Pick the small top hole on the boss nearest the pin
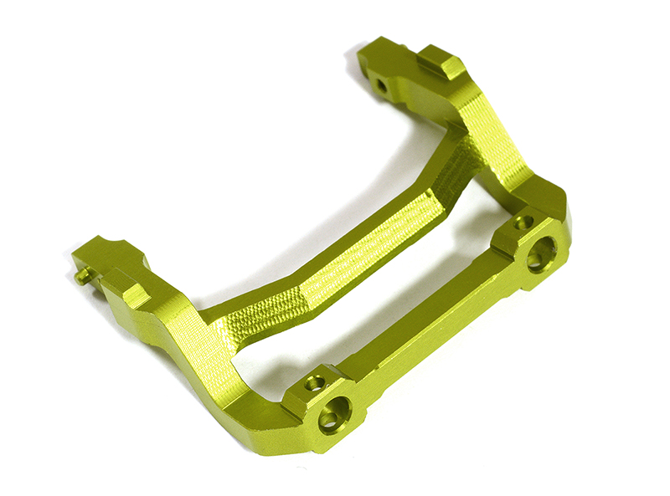(314, 383)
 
